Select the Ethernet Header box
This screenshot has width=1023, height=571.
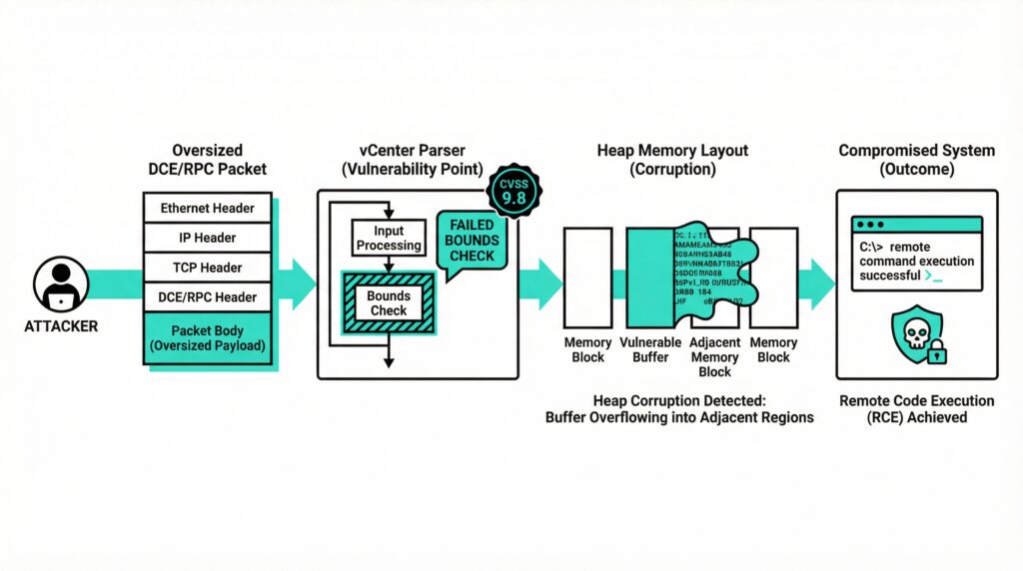click(207, 209)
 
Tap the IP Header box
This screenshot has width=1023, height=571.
click(207, 238)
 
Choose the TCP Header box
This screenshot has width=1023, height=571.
click(207, 267)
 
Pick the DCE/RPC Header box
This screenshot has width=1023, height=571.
click(207, 295)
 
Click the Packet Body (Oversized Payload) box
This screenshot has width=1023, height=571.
click(207, 337)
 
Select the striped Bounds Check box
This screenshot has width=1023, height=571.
click(389, 302)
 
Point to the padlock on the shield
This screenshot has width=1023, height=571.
click(936, 353)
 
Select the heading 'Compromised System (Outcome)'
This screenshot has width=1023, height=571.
click(916, 160)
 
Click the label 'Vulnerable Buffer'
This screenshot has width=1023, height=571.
click(650, 349)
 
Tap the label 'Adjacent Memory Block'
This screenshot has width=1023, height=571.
click(714, 356)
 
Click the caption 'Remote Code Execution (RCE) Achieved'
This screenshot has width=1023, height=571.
click(916, 408)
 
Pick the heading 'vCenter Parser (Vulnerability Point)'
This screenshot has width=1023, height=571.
click(418, 160)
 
